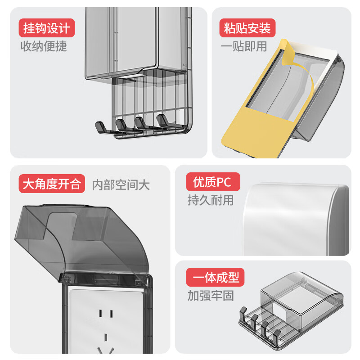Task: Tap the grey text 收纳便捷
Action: tap(44, 46)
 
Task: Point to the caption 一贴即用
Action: tap(243, 46)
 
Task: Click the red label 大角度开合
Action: tap(52, 184)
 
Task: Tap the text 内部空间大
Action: tap(121, 184)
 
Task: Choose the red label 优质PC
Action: tap(212, 182)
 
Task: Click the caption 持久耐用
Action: tap(211, 200)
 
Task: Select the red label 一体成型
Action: tap(215, 278)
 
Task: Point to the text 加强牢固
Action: tap(211, 296)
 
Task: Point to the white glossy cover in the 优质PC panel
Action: tap(292, 220)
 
